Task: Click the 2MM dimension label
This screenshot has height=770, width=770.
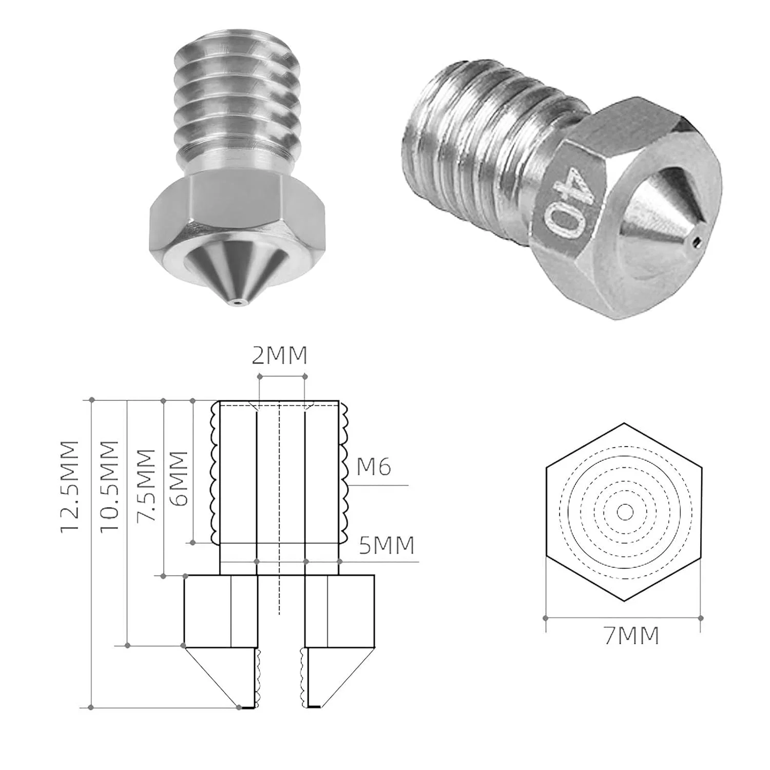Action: (279, 355)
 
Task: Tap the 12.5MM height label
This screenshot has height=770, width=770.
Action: (70, 487)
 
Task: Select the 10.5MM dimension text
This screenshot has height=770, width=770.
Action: (109, 487)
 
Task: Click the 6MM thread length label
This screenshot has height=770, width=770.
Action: (179, 479)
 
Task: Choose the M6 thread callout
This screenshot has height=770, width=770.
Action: (374, 467)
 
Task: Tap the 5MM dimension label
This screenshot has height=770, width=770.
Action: (387, 545)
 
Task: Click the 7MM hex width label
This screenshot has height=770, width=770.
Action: (631, 636)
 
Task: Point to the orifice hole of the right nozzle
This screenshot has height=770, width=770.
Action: (696, 241)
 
